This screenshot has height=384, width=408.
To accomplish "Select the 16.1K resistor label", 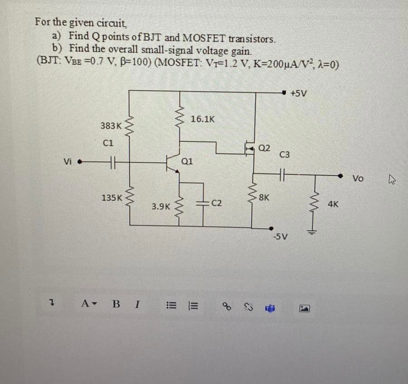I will (x=202, y=119).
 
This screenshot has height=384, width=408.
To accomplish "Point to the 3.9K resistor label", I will (x=161, y=206).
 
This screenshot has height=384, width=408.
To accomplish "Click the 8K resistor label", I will (x=264, y=198).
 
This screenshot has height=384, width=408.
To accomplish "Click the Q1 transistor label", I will (x=187, y=160).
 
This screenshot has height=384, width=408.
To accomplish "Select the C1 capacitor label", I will (x=108, y=142).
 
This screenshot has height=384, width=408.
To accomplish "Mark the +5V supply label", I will (x=299, y=93).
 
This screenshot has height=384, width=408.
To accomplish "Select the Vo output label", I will (x=358, y=179).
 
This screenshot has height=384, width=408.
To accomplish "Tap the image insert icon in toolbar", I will (x=302, y=308).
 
